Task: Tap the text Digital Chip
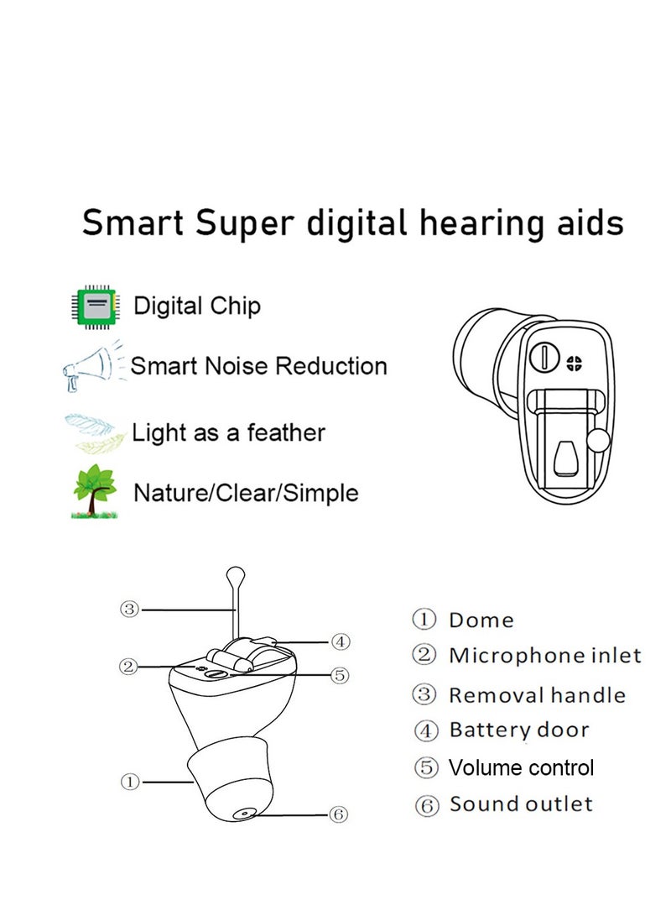(198, 306)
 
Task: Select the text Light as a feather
(229, 433)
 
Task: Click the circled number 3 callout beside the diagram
(128, 610)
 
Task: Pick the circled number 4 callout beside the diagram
(339, 642)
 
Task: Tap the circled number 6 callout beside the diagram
(339, 814)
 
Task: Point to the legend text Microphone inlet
(545, 656)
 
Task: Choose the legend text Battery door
(519, 730)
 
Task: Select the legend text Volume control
(521, 767)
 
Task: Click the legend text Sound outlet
(521, 804)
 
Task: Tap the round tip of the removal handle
(237, 575)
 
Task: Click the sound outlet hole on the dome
(243, 813)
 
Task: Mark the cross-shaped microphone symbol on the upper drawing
(575, 363)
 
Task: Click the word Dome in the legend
(481, 620)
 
